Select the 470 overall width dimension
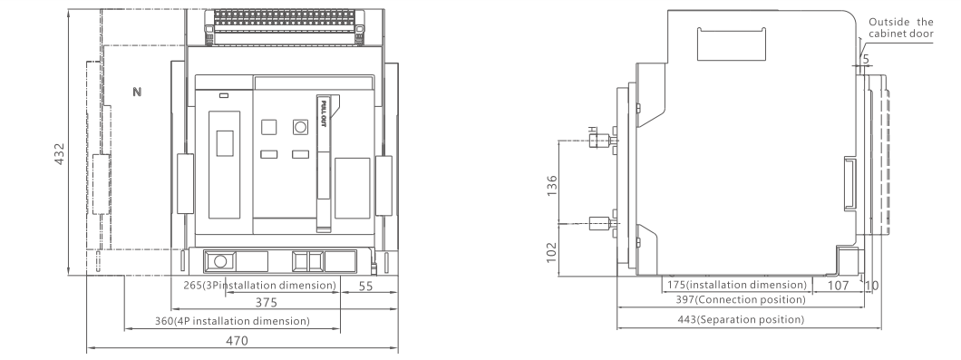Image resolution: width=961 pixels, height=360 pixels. pos(238,341)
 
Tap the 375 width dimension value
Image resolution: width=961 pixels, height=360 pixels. pos(266,302)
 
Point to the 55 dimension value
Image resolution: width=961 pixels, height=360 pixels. pos(365,286)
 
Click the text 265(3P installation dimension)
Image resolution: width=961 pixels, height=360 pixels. pos(260,285)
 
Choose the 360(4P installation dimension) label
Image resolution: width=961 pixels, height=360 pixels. pos(232,321)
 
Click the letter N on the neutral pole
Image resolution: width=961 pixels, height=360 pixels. pos(137,92)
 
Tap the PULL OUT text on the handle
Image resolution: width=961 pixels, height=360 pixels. pos(324,113)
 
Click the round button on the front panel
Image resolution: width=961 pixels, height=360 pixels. pos(300,127)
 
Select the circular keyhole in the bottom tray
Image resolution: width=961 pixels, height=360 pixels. pos(220,261)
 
